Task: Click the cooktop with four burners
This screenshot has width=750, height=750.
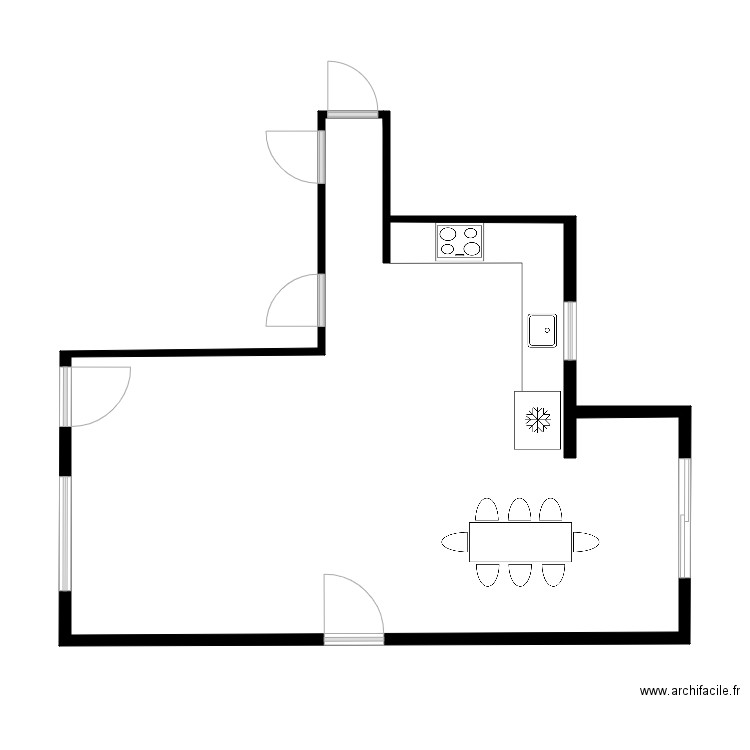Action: point(459,242)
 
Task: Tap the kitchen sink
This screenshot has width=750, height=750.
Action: point(542,330)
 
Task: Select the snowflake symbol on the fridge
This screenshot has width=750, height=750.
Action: point(538,420)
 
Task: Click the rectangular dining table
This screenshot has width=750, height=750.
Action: point(520,542)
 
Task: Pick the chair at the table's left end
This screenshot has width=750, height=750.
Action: point(455,542)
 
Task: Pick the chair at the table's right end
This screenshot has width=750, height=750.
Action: point(586,542)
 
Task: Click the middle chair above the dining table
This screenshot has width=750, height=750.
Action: point(519,510)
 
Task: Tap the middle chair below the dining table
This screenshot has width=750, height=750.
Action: point(519,574)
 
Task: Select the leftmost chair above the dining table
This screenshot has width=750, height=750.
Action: point(487,510)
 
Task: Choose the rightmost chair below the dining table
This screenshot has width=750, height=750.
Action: point(553,574)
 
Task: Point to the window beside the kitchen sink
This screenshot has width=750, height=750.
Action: point(570,330)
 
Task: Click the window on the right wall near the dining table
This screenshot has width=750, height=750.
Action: point(684,518)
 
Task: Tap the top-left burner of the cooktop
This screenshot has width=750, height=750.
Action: point(448,234)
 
